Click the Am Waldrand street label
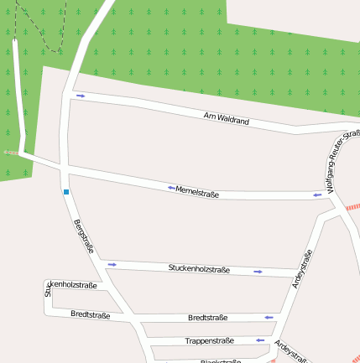(x=227, y=118)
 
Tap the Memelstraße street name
(x=197, y=193)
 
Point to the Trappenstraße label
(x=209, y=341)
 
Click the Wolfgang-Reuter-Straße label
(x=344, y=159)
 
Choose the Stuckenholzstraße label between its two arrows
(x=199, y=269)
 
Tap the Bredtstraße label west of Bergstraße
(x=91, y=315)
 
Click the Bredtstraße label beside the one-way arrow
(x=208, y=318)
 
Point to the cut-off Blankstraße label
(x=221, y=360)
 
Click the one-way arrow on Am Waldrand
(x=81, y=96)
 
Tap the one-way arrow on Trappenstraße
(x=260, y=340)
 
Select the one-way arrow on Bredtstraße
(x=268, y=318)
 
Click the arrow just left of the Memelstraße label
(x=171, y=188)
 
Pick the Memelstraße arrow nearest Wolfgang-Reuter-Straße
(x=317, y=195)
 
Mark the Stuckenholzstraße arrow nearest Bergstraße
(x=112, y=264)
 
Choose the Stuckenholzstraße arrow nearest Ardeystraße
(x=258, y=272)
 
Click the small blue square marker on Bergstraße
(x=65, y=192)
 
